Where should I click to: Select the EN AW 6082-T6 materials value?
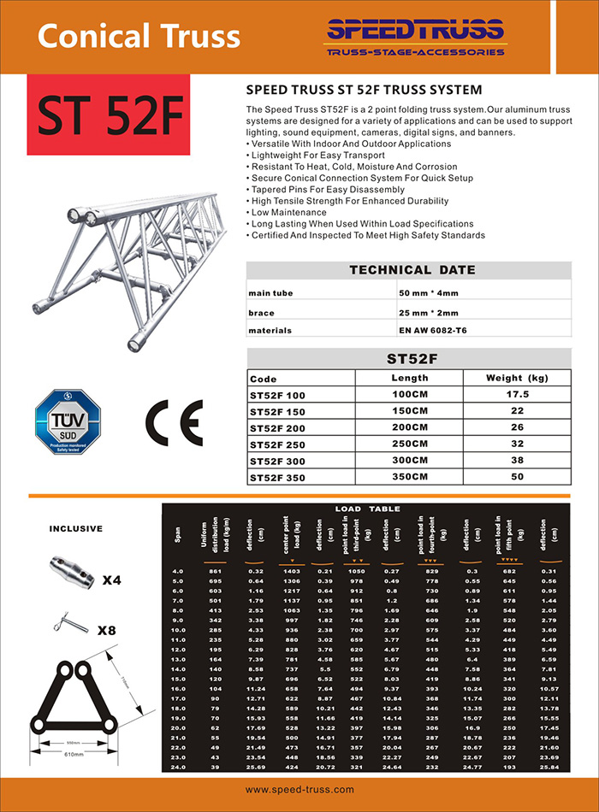pyautogui.click(x=436, y=330)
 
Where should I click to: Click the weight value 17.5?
pyautogui.click(x=516, y=394)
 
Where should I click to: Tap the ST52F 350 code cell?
pyautogui.click(x=277, y=476)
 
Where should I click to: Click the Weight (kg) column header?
pyautogui.click(x=516, y=378)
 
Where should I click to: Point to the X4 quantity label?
pyautogui.click(x=111, y=580)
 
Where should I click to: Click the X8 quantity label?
pyautogui.click(x=107, y=632)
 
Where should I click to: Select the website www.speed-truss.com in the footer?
pyautogui.click(x=299, y=790)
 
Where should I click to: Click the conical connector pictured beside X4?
pyautogui.click(x=67, y=568)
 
